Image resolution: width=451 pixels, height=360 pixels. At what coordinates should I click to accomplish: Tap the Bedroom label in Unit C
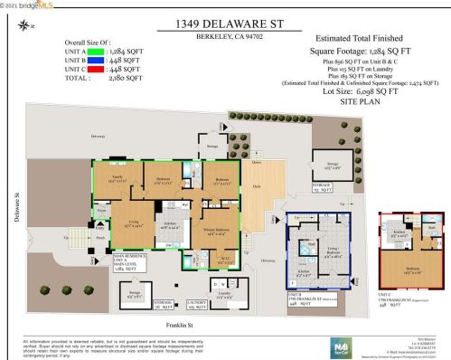click(x=411, y=270)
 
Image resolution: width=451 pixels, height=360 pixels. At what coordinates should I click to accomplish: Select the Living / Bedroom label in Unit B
click(x=334, y=251)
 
